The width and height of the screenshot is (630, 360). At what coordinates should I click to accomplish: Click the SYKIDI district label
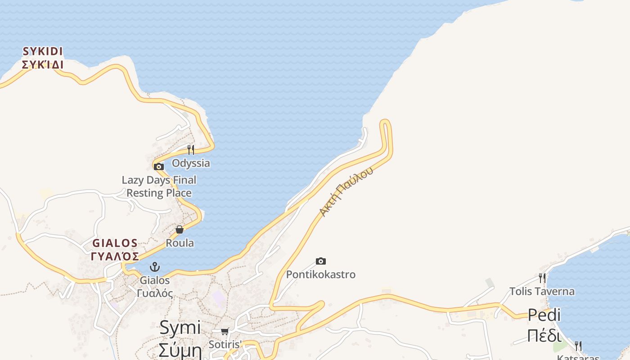[43, 58]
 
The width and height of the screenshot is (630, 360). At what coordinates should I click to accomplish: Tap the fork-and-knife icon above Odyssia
[191, 149]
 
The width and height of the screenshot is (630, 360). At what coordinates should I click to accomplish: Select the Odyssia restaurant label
[191, 163]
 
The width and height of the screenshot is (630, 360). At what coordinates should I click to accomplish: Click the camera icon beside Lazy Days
[158, 167]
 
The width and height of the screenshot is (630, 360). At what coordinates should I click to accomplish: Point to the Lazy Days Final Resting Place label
[159, 186]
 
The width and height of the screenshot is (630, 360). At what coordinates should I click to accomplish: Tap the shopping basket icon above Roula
[180, 229]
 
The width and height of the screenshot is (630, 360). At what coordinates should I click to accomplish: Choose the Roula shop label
[180, 243]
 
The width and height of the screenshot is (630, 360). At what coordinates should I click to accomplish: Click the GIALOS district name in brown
[115, 250]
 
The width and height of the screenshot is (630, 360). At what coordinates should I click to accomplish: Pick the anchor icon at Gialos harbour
[155, 267]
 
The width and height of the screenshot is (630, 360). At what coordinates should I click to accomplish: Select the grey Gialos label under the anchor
[155, 287]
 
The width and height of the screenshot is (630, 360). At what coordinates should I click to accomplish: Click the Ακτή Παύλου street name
[346, 191]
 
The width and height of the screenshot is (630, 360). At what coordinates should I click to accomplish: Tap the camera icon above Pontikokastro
[321, 261]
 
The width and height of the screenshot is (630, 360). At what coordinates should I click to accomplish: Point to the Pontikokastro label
[321, 274]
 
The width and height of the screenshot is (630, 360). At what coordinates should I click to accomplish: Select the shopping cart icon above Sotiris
[225, 331]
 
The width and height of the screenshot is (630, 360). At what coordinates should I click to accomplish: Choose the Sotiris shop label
[225, 345]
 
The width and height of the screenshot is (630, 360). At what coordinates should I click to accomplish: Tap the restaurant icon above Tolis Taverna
[542, 278]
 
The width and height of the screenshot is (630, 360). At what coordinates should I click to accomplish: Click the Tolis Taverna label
[542, 292]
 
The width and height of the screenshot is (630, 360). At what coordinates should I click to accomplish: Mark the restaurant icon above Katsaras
[578, 346]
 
